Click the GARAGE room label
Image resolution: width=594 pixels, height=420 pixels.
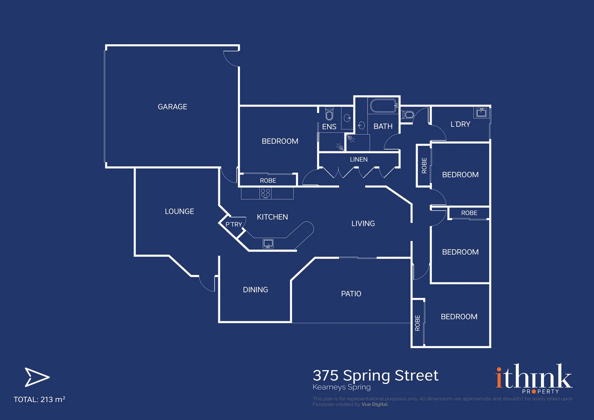[x=172, y=107]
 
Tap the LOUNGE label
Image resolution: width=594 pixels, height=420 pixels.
[x=179, y=211]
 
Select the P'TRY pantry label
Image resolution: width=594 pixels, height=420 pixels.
[x=234, y=224]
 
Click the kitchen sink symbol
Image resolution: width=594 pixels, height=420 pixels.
[x=268, y=244]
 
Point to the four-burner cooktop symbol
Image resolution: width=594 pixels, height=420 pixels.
[x=266, y=193]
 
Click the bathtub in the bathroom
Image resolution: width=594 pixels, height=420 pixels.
[x=383, y=106]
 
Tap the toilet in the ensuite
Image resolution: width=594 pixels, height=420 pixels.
[x=329, y=114]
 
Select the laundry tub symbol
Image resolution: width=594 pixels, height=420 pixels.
[x=481, y=113]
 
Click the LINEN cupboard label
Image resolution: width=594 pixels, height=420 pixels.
[x=358, y=159]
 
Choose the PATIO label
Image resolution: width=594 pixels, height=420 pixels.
[x=351, y=294]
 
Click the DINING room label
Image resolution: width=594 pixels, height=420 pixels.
[x=255, y=290]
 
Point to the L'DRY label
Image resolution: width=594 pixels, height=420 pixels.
[x=460, y=124]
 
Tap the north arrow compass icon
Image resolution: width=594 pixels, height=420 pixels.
[x=37, y=377]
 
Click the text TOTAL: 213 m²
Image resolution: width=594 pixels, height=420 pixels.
[x=39, y=399]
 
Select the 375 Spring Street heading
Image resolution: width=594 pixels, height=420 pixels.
[x=376, y=375]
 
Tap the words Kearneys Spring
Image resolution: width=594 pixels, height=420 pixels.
[x=342, y=387]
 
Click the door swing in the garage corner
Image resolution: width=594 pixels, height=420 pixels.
[x=230, y=58]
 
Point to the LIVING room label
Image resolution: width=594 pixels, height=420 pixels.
[x=363, y=224]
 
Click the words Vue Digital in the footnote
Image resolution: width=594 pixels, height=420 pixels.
[x=374, y=404]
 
